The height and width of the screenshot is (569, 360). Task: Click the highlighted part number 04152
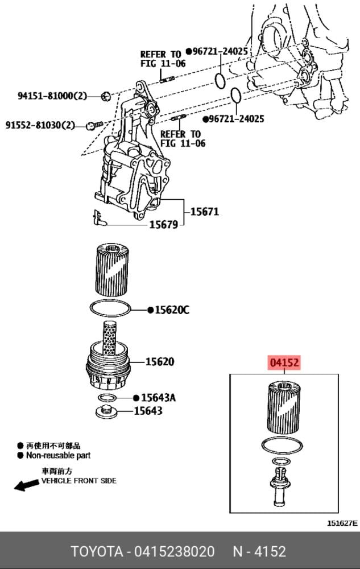284,362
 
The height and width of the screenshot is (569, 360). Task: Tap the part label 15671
205,212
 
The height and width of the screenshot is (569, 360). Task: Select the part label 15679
164,225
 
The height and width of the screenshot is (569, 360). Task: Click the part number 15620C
172,310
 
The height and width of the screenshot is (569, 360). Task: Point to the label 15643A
158,398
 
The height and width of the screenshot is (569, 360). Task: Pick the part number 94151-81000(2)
52,96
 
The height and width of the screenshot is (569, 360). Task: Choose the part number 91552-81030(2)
40,125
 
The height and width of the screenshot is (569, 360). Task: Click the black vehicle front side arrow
27,485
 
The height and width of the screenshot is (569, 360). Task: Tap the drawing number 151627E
342,523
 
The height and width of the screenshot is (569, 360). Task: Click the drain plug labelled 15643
106,411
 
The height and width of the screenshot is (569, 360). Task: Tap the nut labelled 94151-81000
106,96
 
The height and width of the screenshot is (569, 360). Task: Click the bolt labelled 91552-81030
94,125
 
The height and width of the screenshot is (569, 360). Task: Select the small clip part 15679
98,217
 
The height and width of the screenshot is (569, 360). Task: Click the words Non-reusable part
58,455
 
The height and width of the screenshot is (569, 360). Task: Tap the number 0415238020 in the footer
175,551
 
